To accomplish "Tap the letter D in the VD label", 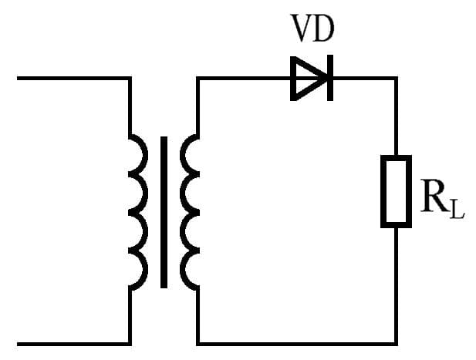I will (x=325, y=29).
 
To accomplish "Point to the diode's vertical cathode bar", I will (x=329, y=78).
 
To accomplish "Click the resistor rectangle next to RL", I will (x=396, y=191).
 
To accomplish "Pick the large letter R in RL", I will (x=434, y=197).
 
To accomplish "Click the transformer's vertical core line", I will (x=164, y=212).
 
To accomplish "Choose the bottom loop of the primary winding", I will (x=137, y=271).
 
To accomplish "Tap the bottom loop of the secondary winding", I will (x=189, y=271).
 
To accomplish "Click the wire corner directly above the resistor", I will (x=396, y=78).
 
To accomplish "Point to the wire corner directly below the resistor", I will (x=396, y=342).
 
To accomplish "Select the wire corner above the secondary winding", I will (x=198, y=78).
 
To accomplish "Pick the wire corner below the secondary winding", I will (x=198, y=342).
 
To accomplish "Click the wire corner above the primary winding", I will (x=128, y=78).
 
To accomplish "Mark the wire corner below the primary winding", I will (x=128, y=342).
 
